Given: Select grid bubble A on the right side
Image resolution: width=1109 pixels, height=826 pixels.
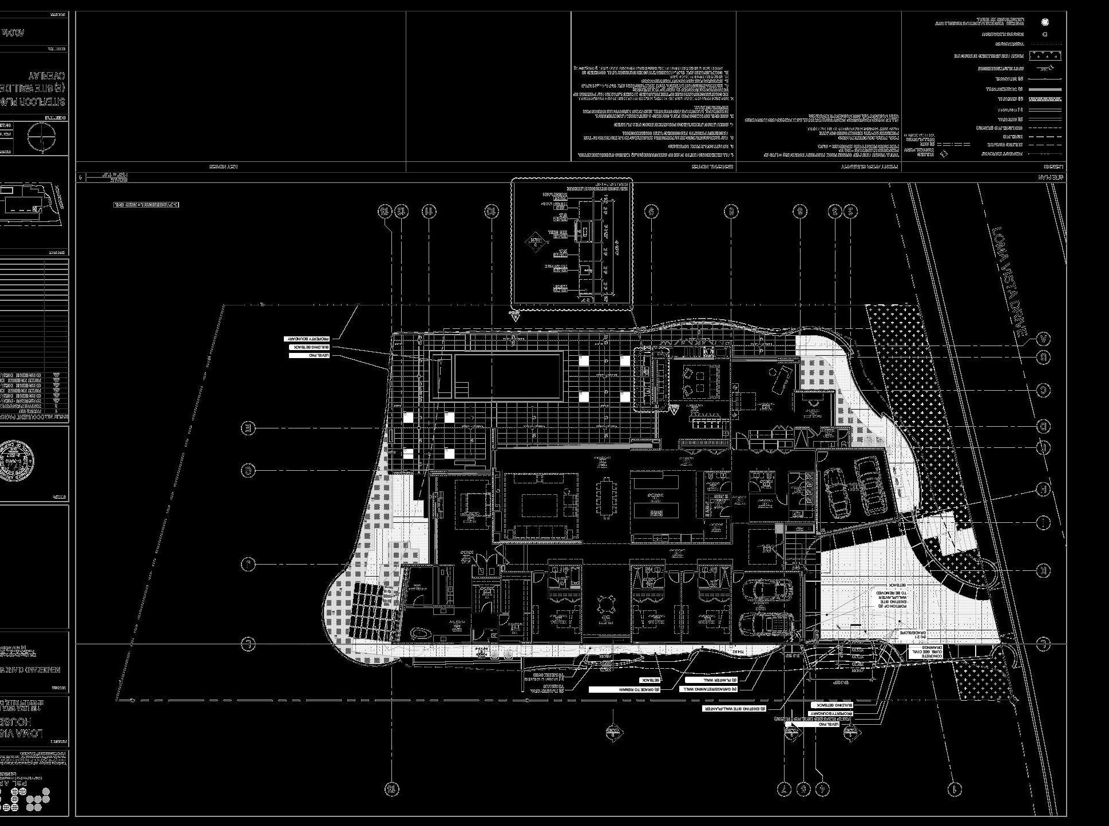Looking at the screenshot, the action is (x=1043, y=339).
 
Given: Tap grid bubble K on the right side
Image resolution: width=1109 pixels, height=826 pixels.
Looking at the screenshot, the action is (x=1043, y=570).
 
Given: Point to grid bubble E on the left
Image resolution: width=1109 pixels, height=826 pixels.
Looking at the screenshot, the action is (x=248, y=428).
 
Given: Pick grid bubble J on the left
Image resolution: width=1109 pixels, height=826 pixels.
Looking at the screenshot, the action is (x=248, y=565).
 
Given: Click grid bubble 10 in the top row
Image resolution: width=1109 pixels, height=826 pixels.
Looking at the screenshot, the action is (x=491, y=212).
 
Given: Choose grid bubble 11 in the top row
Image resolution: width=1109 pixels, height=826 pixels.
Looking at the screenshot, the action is (x=429, y=212).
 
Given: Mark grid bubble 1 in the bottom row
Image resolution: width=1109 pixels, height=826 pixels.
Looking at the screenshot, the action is (x=954, y=789).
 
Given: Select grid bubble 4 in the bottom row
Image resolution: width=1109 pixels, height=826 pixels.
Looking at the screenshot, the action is (x=822, y=789).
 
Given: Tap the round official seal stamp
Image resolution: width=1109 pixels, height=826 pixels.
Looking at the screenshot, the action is (x=17, y=462).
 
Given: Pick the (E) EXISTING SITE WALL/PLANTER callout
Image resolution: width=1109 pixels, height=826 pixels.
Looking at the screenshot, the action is (x=739, y=709).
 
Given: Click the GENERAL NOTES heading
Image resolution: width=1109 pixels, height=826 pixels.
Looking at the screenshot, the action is (x=703, y=167).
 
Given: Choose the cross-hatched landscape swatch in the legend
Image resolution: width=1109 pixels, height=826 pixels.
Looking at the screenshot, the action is (x=1045, y=56).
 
